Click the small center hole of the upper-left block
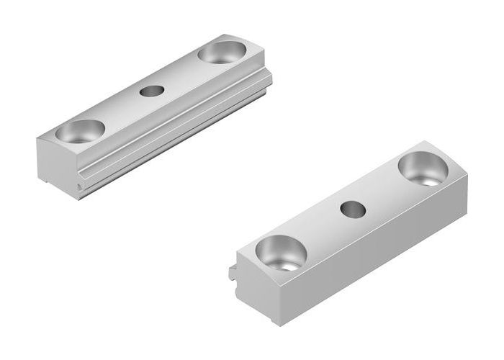click(x=151, y=91)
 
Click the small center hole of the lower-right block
click(x=352, y=209)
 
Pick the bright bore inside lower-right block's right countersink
click(x=431, y=180)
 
